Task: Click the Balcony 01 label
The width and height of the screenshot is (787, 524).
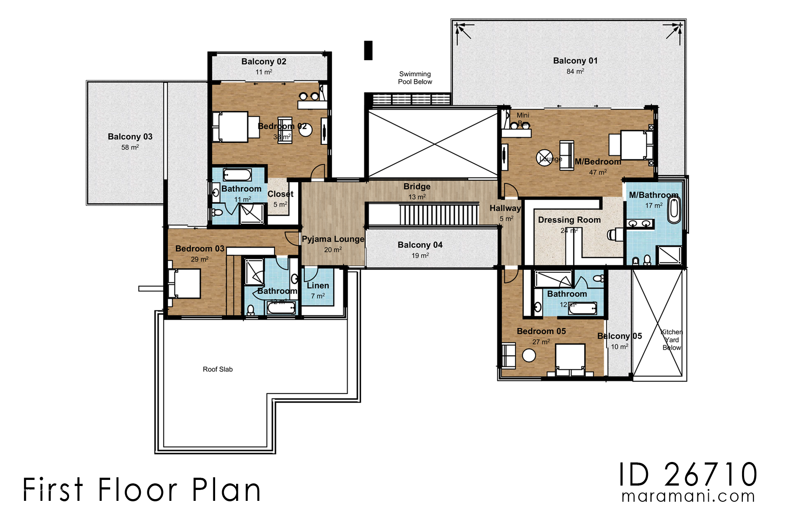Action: (x=575, y=61)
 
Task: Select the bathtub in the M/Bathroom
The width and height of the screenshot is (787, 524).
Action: (x=674, y=209)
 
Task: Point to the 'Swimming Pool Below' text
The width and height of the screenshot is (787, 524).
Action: (x=414, y=78)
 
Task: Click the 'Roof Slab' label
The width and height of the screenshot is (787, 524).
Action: (x=217, y=369)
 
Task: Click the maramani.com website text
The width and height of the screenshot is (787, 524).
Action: (x=688, y=496)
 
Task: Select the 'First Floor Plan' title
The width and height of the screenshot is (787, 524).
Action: (x=142, y=490)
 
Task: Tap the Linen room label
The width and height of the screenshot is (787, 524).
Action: (x=318, y=286)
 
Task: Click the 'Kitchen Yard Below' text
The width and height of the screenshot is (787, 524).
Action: (x=672, y=340)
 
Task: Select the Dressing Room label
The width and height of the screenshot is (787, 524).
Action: (x=569, y=220)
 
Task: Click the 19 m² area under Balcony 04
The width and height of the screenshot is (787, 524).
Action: (x=420, y=255)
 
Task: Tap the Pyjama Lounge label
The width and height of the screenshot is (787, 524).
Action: (x=333, y=239)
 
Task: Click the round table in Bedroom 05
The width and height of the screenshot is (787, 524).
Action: (x=529, y=355)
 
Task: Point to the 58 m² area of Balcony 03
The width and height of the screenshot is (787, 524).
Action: (x=130, y=148)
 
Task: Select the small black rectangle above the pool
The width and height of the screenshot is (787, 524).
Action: (x=368, y=50)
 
